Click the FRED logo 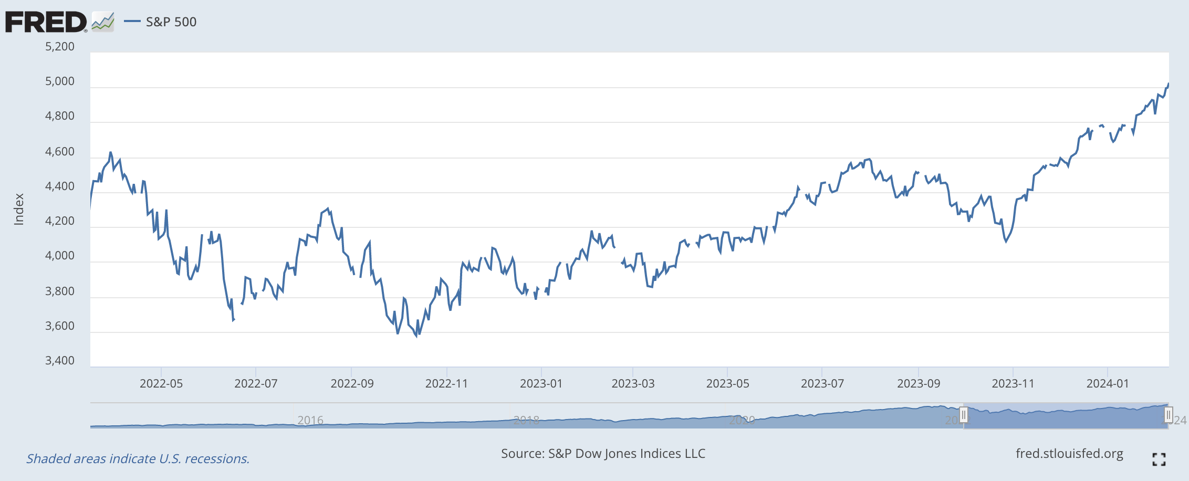46,22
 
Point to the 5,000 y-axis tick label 60,81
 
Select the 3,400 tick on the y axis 60,361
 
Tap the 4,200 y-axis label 60,221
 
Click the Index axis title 19,209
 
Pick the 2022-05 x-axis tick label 161,383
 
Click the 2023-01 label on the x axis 541,383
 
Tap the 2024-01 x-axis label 1107,383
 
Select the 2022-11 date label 446,383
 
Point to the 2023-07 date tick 822,383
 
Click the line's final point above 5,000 1168,83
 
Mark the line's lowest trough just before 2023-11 1006,242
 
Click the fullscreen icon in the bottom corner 1159,459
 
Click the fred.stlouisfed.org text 1069,454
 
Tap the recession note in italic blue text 138,459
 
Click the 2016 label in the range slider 310,420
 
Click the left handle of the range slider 963,415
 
